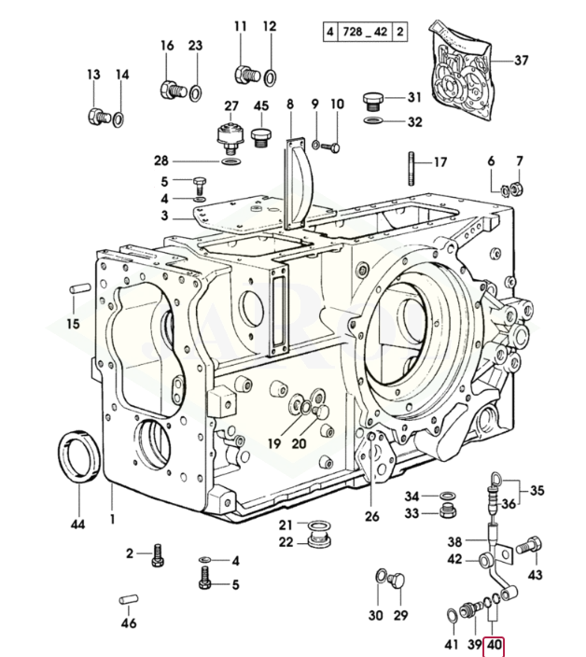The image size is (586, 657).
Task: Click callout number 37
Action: click(521, 62)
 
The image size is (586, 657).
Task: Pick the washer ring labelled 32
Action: click(372, 122)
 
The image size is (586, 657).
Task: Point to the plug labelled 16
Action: click(170, 91)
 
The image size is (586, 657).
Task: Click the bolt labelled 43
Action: click(528, 543)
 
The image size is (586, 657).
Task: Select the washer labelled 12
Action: click(270, 76)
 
